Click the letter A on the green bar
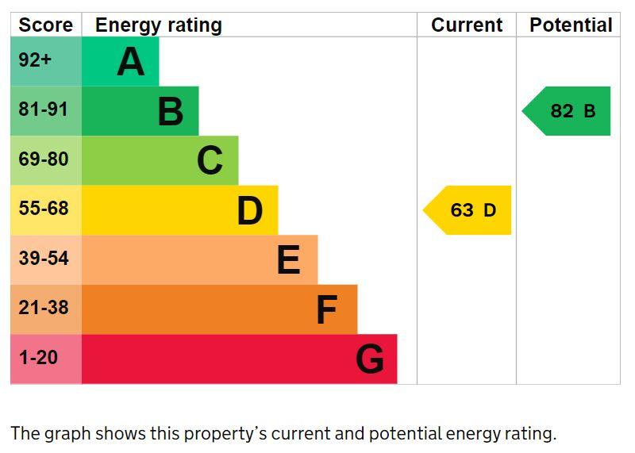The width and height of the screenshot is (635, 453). pos(131,62)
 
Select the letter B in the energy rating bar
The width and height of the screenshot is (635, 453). pos(171,112)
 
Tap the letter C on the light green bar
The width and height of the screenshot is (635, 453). pos(210,161)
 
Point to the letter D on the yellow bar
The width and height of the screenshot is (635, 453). pos(249,211)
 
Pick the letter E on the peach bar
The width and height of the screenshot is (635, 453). pos(289,260)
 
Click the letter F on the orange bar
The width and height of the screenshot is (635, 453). pos(326,310)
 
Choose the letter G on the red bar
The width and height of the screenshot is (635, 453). pos(370,359)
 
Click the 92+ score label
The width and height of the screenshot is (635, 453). pos(35,60)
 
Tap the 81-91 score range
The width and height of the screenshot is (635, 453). pos(44,109)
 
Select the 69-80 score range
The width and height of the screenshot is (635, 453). pos(44,159)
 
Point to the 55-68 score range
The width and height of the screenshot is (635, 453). pos(44,209)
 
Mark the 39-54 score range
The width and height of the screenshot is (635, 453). pos(44,259)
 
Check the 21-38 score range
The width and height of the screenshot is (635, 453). pos(44,308)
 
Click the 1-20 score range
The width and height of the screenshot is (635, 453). pos(38,358)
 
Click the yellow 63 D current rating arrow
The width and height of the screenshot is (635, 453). pos(469,210)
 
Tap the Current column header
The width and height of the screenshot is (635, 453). pos(467,25)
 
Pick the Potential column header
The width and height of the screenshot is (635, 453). pos(571,25)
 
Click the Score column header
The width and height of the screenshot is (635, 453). pos(45,25)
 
